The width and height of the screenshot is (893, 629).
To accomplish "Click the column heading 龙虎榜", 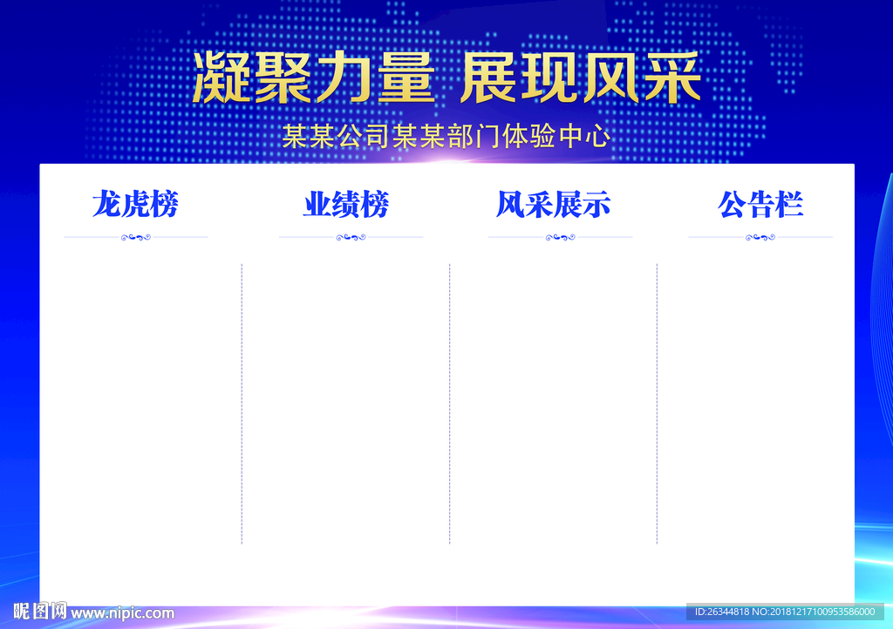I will [135, 205].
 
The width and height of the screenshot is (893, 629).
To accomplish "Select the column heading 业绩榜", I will [346, 205].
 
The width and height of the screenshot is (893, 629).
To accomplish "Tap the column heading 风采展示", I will [554, 205].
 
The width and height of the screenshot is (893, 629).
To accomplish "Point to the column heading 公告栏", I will [760, 205].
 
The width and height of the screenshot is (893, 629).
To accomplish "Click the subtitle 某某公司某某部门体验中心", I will [446, 136].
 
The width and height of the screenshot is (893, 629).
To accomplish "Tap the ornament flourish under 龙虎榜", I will [135, 237].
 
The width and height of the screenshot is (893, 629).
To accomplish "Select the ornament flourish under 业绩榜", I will [351, 237].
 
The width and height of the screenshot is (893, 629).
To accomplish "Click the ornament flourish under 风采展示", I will [561, 237].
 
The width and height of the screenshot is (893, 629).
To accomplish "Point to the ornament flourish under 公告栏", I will [760, 237].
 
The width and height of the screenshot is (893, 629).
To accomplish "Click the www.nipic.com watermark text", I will [123, 613].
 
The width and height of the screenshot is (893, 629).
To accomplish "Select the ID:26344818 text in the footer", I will [725, 612].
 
